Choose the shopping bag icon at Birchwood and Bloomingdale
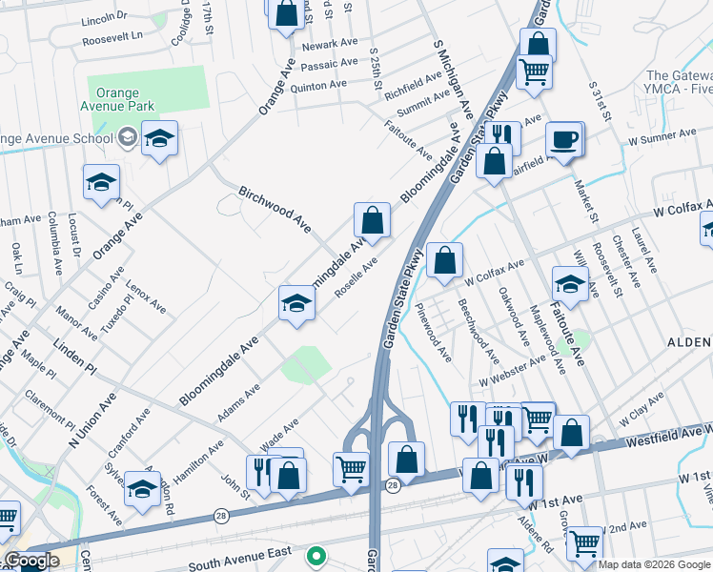click(x=373, y=221)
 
